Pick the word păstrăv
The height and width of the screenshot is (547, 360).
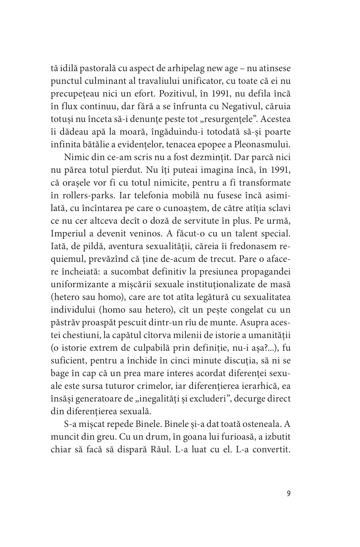point(65,322)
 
